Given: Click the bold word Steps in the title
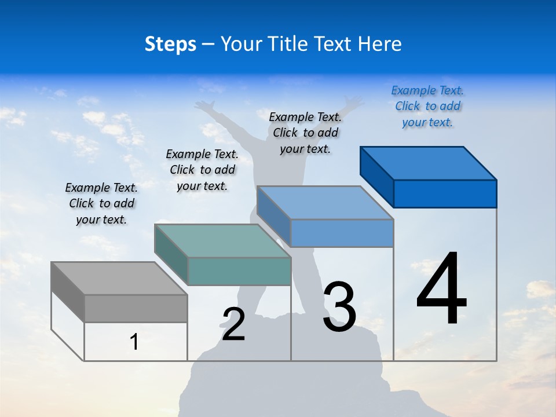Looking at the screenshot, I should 170,45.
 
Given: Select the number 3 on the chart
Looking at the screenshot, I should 339,307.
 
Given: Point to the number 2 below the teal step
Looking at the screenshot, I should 233,324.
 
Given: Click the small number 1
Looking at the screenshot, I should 134,342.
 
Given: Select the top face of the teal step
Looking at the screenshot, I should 222,240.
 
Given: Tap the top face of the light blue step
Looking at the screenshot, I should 325,203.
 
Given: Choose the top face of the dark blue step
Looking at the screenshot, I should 428,163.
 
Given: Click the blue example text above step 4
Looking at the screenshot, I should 427,107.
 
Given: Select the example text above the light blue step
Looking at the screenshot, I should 305,133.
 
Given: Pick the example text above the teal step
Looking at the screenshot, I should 202,170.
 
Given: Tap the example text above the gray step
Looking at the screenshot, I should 101,203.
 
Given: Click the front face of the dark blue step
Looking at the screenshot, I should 445,193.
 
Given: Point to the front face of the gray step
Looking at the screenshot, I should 136,308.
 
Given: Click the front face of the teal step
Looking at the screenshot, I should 239,271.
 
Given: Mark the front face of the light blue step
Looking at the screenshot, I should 342,233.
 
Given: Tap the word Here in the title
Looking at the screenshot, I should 380,45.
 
